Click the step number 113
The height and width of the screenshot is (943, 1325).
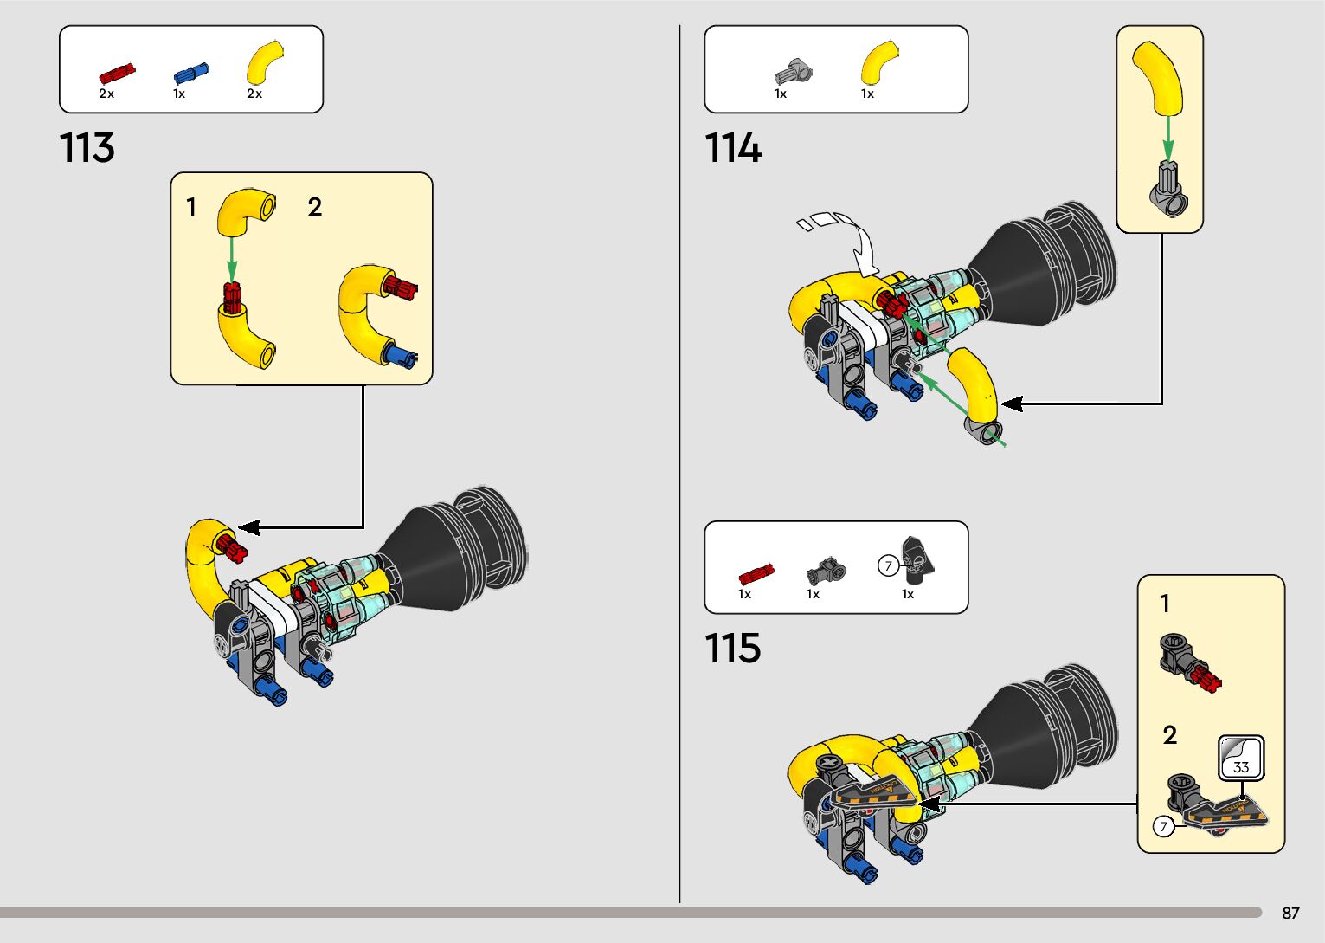coord(87,148)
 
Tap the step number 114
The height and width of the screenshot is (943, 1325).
coord(732,148)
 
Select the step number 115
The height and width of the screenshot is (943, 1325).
coord(732,648)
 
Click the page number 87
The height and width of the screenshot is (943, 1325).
coord(1290,914)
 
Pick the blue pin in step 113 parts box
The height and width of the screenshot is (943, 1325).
coord(190,74)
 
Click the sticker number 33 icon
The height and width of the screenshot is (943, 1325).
coord(1241,759)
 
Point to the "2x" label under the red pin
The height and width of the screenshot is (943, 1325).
coord(106,94)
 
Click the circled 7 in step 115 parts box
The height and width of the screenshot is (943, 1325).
coord(888,566)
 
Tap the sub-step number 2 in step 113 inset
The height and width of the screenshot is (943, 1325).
coord(315,207)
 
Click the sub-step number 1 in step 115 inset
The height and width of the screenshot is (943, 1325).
coord(1165,604)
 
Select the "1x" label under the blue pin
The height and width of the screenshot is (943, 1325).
coord(179,94)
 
